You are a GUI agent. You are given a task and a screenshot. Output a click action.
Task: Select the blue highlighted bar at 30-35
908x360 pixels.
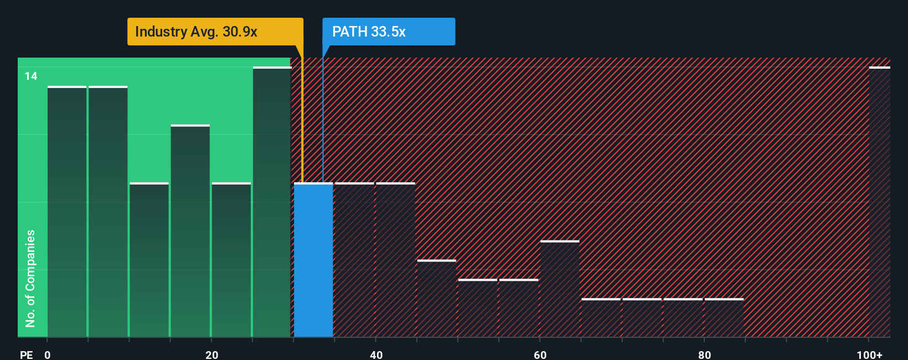[313, 260]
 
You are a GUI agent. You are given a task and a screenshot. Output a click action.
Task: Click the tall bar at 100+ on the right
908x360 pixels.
[879, 202]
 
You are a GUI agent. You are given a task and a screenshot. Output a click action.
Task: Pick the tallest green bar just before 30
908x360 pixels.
[272, 202]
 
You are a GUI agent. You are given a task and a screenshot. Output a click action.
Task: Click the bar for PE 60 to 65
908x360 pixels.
[560, 289]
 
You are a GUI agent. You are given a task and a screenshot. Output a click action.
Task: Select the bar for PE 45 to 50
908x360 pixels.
[436, 299]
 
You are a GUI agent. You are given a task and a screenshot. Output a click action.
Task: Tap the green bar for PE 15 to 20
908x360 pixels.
[190, 231]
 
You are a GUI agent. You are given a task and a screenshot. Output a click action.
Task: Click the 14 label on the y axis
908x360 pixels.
[31, 76]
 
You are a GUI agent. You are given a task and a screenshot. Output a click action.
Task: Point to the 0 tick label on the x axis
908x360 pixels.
[48, 355]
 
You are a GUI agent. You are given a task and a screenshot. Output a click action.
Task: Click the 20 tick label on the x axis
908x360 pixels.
[211, 355]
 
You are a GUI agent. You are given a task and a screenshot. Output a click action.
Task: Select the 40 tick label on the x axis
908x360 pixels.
[376, 355]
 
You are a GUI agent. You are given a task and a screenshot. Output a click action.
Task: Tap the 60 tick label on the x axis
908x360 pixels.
[540, 355]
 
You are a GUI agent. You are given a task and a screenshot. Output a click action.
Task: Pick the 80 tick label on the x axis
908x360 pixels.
[704, 355]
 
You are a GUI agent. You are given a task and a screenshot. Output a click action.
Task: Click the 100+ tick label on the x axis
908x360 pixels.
[869, 355]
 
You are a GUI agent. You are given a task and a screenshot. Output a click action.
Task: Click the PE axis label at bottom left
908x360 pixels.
[26, 355]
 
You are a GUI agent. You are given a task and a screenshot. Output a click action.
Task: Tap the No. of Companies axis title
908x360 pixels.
[30, 278]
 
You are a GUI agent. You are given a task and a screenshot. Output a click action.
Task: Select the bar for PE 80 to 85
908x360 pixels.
[724, 318]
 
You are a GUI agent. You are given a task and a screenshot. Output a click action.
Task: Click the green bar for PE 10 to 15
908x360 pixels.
[149, 260]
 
